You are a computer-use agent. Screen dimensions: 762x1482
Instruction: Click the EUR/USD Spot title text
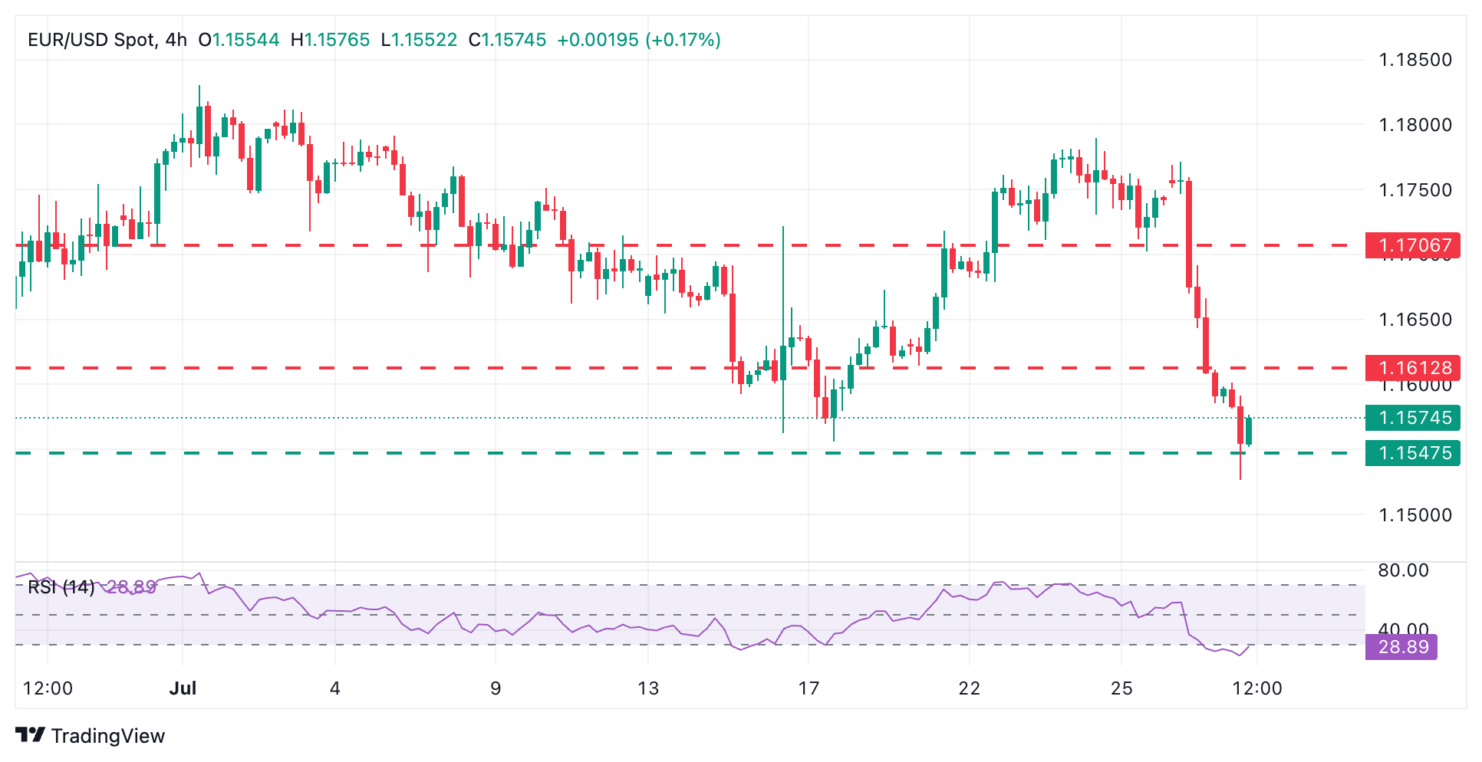91,40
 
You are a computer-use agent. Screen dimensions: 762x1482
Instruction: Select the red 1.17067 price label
1412,245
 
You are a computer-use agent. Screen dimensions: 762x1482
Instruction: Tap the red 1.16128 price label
1412,368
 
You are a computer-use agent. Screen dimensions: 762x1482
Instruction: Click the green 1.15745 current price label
1412,418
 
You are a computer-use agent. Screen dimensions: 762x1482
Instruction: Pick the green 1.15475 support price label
1412,453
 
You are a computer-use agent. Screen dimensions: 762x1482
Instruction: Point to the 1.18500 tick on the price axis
1415,60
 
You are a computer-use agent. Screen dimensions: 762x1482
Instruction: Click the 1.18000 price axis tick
1415,125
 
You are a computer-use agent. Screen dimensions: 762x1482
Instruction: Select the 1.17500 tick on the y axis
1415,190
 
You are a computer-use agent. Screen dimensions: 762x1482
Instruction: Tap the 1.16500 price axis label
1415,320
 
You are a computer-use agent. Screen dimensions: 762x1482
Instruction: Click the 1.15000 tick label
1415,515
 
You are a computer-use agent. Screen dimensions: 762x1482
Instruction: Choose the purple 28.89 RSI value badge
1401,647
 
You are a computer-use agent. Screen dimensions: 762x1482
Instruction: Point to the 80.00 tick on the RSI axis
1403,570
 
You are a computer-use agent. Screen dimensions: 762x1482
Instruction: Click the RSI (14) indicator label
61,587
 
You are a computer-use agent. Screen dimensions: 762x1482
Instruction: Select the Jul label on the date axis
183,688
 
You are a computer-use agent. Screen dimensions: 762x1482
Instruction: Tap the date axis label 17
809,688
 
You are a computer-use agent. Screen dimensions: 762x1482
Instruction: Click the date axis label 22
969,688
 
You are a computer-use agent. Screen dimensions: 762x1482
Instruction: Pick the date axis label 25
1121,688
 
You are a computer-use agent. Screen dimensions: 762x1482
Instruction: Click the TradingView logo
91,736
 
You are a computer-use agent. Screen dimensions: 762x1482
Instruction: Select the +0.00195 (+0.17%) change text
638,40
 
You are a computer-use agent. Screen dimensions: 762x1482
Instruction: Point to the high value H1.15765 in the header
330,40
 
